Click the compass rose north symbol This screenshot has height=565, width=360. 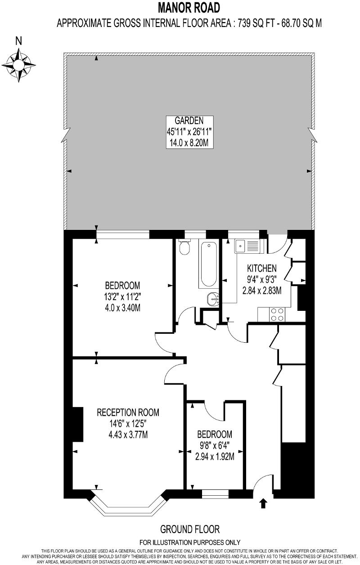click(x=19, y=63)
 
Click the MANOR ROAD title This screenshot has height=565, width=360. click(x=189, y=8)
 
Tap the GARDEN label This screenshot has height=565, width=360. click(x=189, y=120)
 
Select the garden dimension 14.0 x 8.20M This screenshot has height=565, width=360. click(x=189, y=143)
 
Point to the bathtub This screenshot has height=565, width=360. click(x=208, y=265)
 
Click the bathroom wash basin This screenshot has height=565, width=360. click(x=213, y=298)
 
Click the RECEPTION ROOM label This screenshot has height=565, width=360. click(x=128, y=412)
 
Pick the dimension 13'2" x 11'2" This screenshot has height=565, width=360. click(x=122, y=296)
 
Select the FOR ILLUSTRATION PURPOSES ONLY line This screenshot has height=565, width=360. click(x=189, y=543)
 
